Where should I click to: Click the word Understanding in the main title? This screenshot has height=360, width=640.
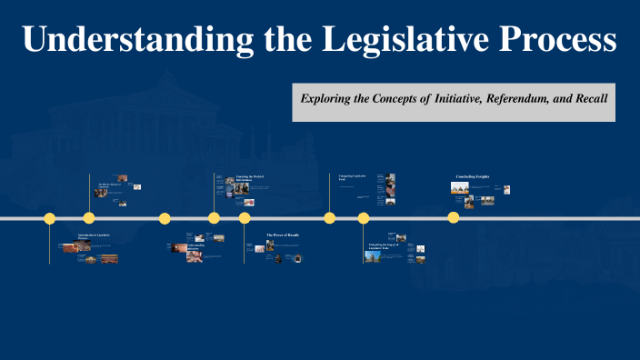pyautogui.click(x=131, y=39)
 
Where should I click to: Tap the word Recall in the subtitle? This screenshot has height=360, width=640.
pyautogui.click(x=588, y=97)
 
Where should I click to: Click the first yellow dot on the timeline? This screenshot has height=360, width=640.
pyautogui.click(x=49, y=218)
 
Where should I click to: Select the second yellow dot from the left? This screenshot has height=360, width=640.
pyautogui.click(x=89, y=218)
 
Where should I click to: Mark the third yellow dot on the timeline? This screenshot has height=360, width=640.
pyautogui.click(x=165, y=218)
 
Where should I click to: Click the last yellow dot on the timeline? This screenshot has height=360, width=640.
pyautogui.click(x=453, y=218)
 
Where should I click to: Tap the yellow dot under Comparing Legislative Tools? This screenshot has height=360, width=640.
pyautogui.click(x=330, y=218)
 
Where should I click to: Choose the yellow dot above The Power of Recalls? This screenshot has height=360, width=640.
pyautogui.click(x=245, y=218)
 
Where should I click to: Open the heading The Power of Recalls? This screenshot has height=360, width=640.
pyautogui.click(x=282, y=235)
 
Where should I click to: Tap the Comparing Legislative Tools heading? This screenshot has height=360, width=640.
pyautogui.click(x=353, y=177)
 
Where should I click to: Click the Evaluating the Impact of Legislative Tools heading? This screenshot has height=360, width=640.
pyautogui.click(x=384, y=246)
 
